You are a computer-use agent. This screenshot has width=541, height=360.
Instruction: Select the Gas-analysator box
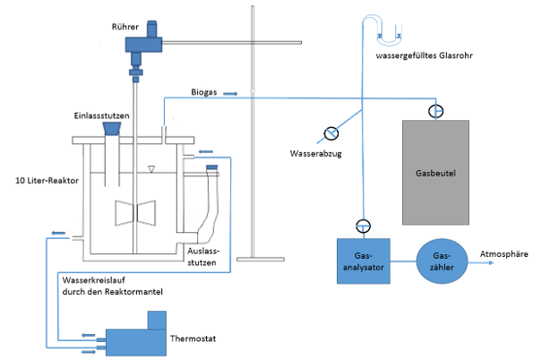pyautogui.click(x=361, y=261)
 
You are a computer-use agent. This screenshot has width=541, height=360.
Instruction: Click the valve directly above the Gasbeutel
pyautogui.click(x=436, y=111)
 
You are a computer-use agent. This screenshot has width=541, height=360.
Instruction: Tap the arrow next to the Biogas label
pyautogui.click(x=230, y=92)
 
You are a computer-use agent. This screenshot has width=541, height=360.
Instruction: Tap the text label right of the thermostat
pyautogui.click(x=199, y=340)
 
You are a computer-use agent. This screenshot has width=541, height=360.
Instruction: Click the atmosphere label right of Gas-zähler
pyautogui.click(x=506, y=255)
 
